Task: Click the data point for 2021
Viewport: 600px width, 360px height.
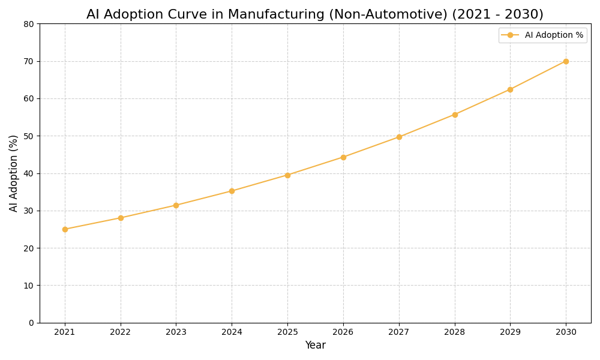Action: [x=65, y=229]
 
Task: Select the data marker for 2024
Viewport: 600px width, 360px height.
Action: [x=232, y=191]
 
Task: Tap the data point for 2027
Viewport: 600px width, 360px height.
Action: [x=399, y=137]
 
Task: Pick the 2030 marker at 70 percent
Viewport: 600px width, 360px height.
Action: [x=566, y=61]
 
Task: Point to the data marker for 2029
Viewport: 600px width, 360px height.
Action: [x=510, y=89]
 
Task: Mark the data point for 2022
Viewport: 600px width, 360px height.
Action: [x=121, y=218]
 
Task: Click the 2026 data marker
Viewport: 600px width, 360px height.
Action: [x=343, y=157]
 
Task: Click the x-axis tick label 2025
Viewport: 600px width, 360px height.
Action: [x=287, y=332]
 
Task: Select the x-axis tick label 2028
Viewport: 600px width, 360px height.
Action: [x=454, y=332]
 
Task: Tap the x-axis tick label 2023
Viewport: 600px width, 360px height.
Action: [x=176, y=332]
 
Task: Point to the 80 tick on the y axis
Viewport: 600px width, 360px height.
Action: [x=29, y=24]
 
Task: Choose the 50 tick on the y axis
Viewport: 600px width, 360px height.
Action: [x=29, y=136]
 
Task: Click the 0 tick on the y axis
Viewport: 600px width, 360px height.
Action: [x=31, y=323]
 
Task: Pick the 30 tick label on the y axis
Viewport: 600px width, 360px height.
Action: [x=29, y=211]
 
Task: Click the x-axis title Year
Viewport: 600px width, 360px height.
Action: [x=315, y=346]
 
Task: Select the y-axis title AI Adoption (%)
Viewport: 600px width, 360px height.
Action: [x=14, y=173]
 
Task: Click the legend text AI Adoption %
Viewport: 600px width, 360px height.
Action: [x=554, y=35]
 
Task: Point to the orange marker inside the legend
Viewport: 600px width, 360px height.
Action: [x=510, y=35]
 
